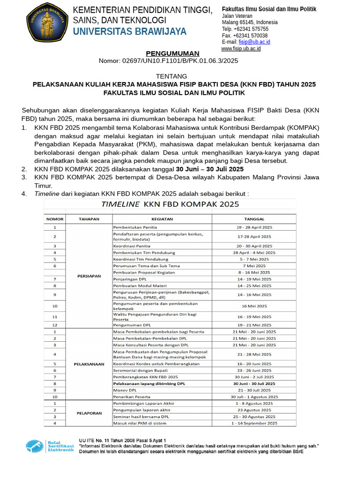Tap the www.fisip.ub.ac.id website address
(241, 49)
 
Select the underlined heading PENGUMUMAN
(172, 53)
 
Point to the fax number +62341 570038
(245, 36)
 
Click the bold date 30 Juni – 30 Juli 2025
(210, 169)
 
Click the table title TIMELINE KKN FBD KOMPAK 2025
(170, 204)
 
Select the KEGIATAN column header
(162, 219)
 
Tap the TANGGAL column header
(254, 219)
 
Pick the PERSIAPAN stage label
(89, 276)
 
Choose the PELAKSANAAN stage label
(89, 364)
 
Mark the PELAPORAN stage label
(89, 413)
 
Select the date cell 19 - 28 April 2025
(255, 227)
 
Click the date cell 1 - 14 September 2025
(254, 423)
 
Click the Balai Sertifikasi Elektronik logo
(49, 446)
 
